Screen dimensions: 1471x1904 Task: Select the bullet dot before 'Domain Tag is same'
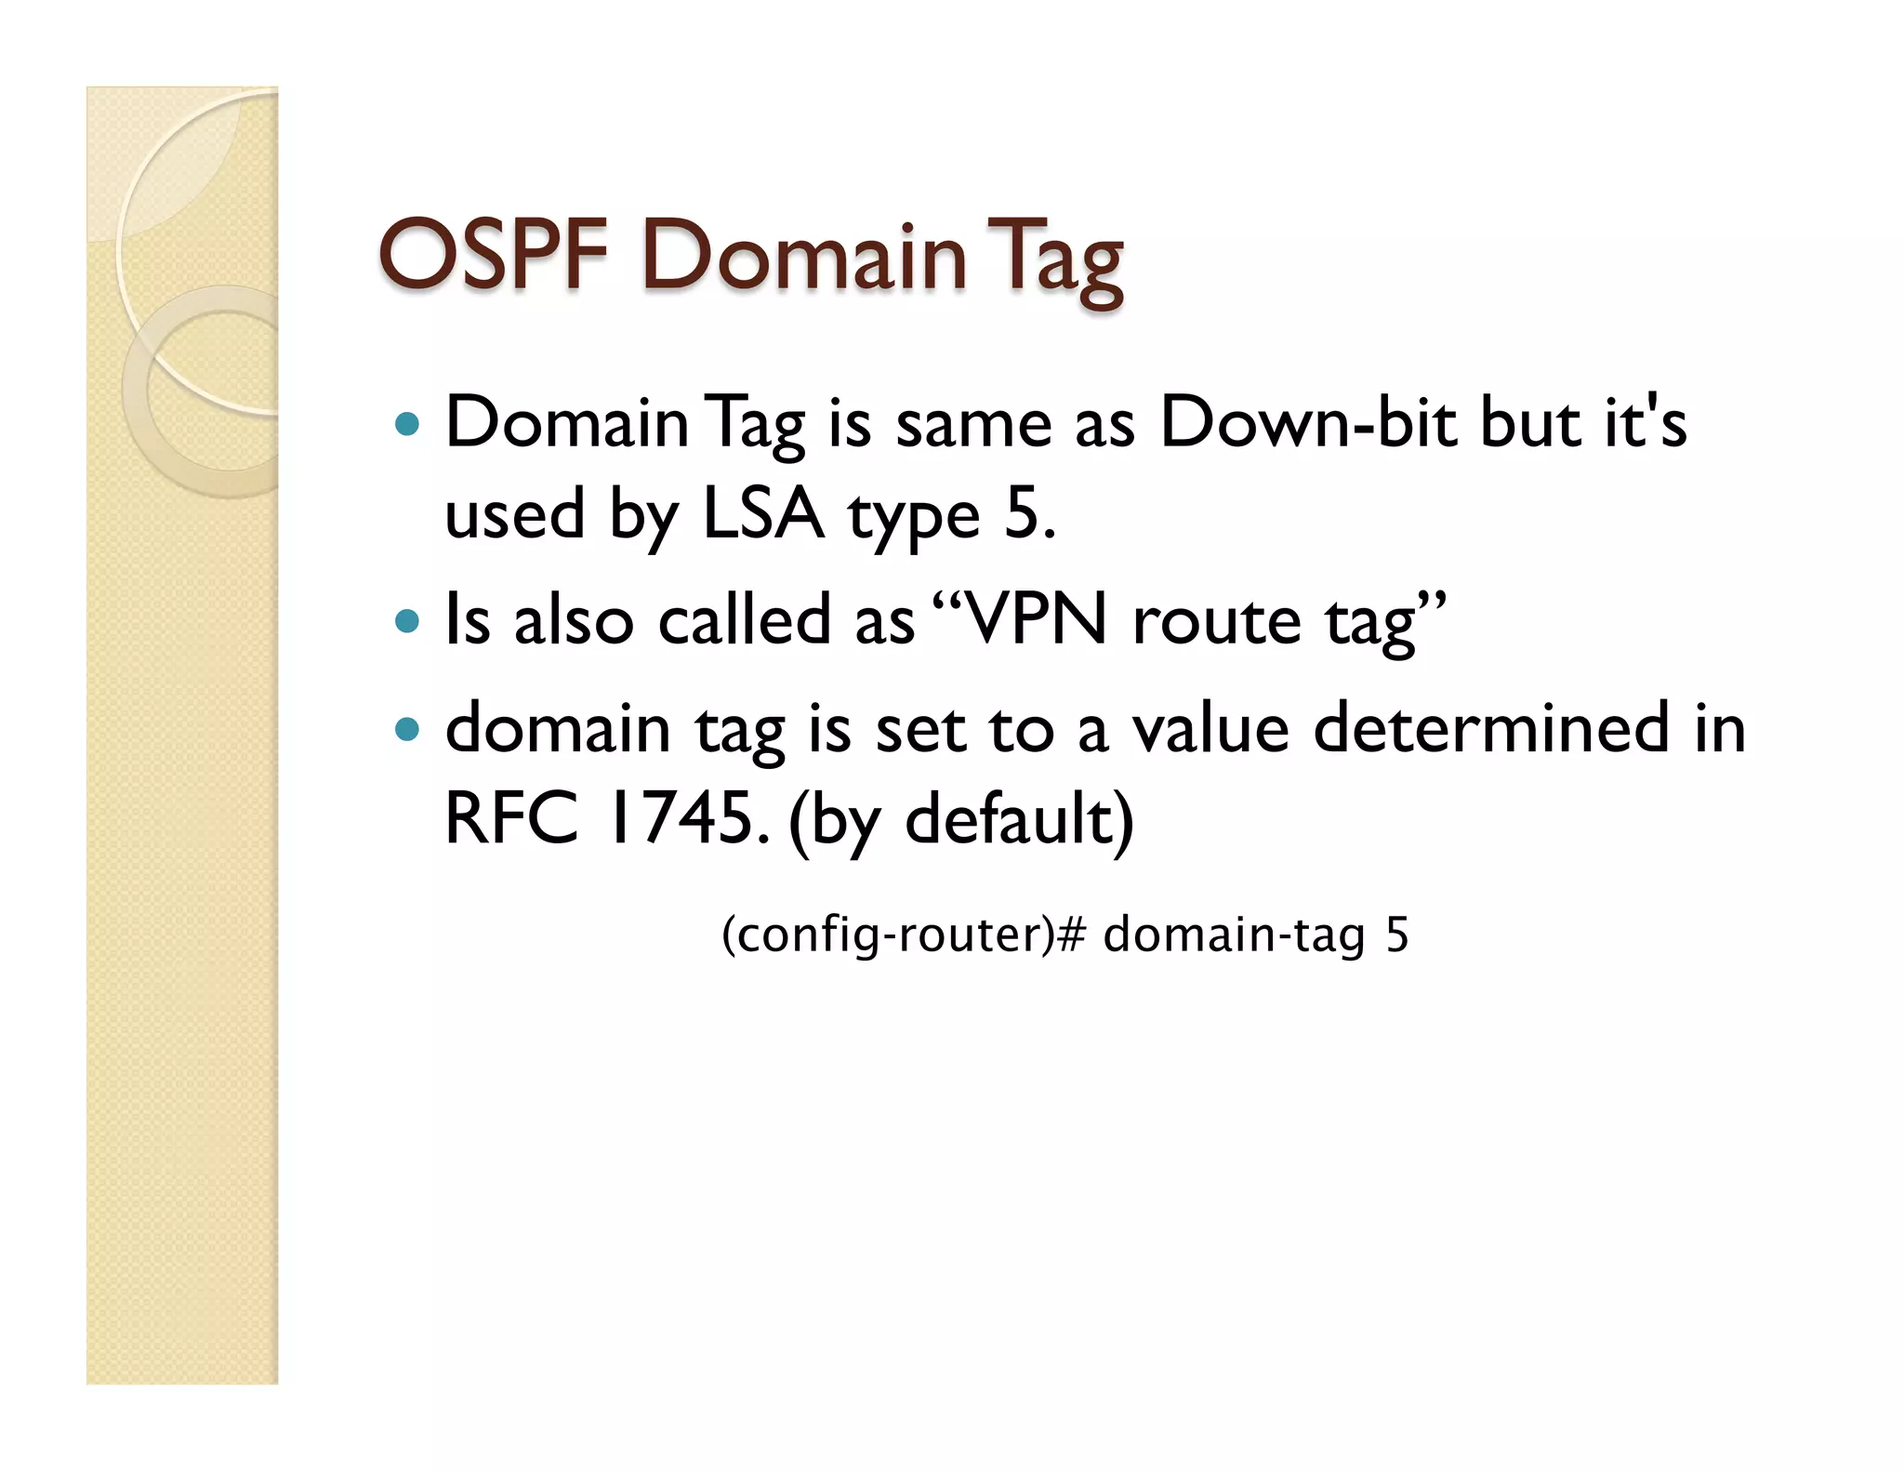407,425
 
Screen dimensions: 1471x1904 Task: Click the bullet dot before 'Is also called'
407,620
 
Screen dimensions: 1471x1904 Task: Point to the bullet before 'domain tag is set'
407,728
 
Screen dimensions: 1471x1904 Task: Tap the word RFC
510,818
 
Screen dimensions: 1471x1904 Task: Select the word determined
1491,727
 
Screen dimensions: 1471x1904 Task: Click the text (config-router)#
903,934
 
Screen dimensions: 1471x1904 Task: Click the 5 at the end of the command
1396,934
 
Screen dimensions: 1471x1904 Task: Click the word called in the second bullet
744,620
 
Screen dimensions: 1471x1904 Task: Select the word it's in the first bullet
1645,424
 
